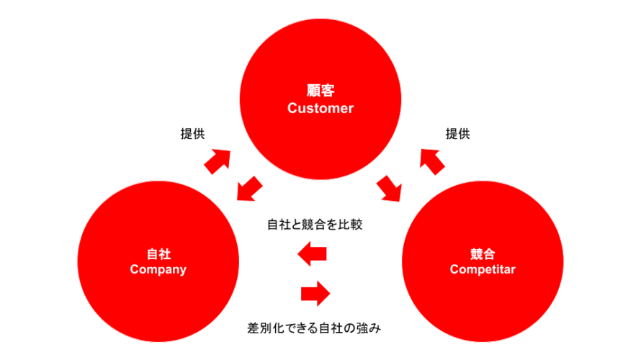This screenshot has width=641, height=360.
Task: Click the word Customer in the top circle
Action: pos(320,109)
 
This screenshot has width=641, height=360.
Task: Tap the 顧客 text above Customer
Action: pos(320,92)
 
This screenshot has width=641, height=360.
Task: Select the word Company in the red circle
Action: pos(158,270)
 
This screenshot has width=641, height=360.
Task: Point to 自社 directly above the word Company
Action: pos(158,254)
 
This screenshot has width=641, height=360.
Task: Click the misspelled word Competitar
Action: pos(483,270)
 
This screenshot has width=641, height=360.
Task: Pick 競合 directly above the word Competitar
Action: pos(483,254)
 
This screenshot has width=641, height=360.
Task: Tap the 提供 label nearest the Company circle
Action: pos(192,134)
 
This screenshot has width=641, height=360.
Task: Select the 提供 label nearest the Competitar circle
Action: pos(457,134)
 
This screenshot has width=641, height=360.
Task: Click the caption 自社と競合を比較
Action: pos(315,225)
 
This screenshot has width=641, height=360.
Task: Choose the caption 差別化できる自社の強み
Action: pos(313,328)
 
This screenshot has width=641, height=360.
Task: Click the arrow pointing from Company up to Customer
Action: pos(218,161)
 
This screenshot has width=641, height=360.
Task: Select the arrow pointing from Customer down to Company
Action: pos(249,189)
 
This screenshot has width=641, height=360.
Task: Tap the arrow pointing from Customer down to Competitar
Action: pos(390,189)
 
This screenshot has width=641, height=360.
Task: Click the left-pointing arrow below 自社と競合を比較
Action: pos(313,253)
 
